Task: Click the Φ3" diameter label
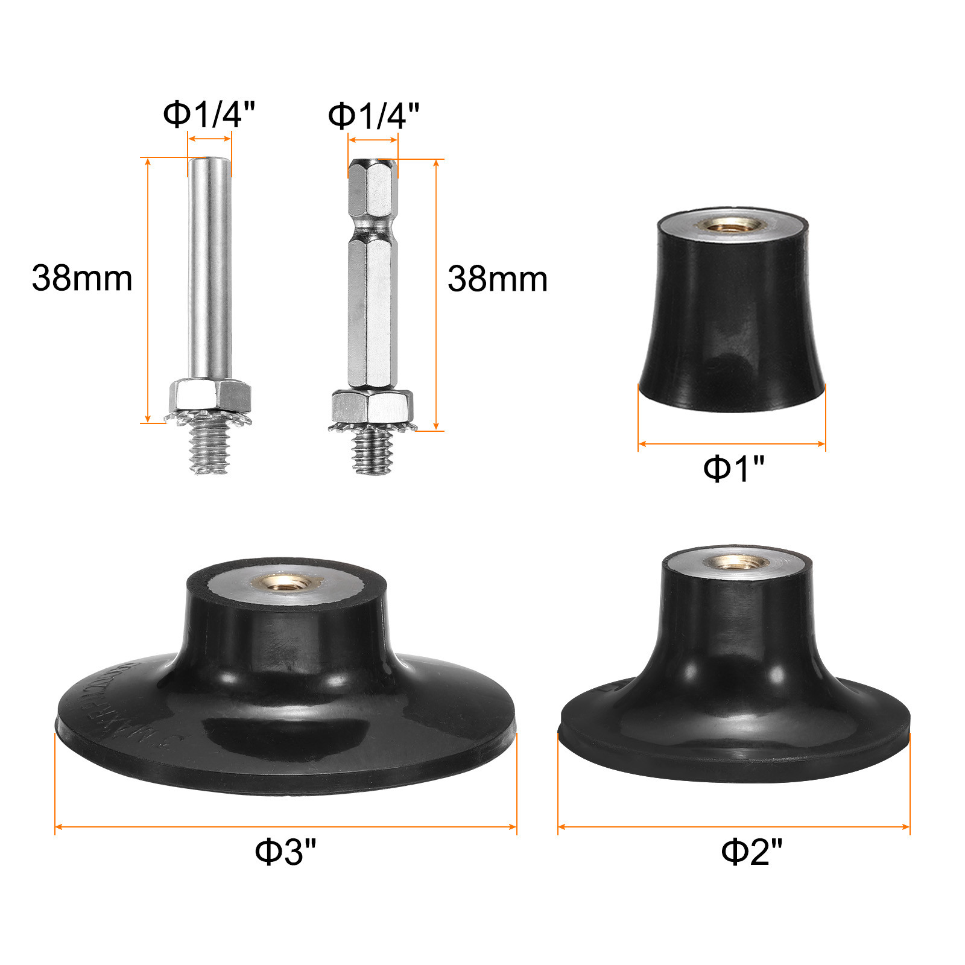pos(285,851)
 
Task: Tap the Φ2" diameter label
pos(751,851)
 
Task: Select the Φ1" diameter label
pos(733,467)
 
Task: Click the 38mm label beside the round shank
pos(82,279)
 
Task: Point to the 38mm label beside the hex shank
pos(498,279)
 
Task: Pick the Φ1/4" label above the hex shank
pos(373,115)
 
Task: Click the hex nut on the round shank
pos(209,395)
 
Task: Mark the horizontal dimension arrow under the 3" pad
pos(285,826)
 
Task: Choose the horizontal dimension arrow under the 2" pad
pos(733,826)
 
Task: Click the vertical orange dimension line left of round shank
pos(148,289)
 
